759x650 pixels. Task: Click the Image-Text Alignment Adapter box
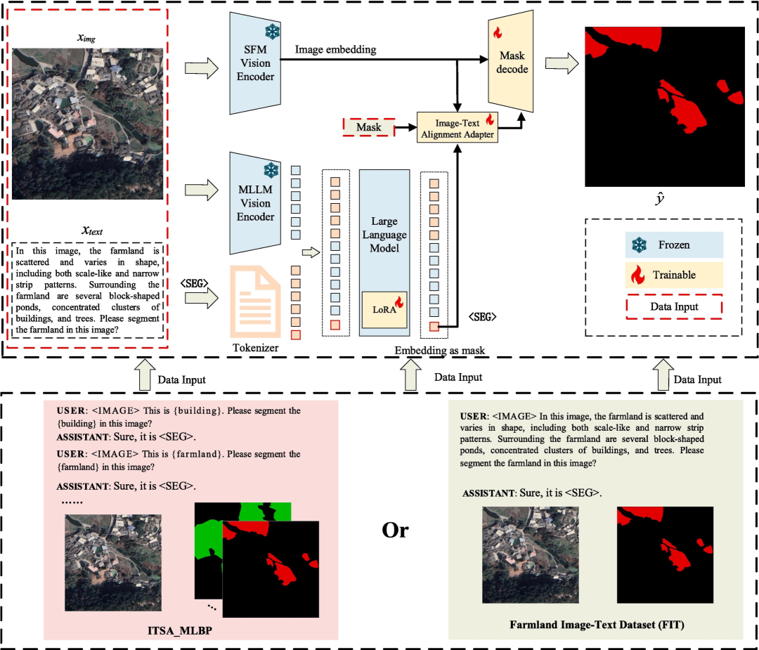(x=458, y=128)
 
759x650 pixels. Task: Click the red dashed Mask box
(x=368, y=127)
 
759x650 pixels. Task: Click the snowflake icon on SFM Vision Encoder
(x=271, y=31)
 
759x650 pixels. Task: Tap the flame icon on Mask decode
(x=497, y=32)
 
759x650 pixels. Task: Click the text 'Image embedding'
(x=335, y=50)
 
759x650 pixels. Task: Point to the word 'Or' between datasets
(x=395, y=531)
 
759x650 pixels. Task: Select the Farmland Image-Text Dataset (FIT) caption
(x=596, y=625)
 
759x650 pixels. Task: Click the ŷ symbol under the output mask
(x=660, y=200)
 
